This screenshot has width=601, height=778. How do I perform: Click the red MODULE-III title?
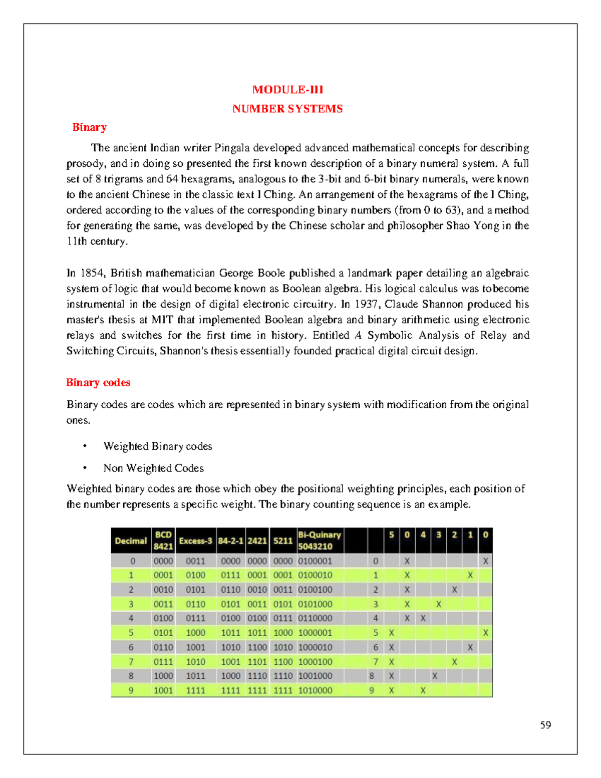coord(287,90)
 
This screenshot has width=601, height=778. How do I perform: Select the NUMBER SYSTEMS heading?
coord(287,109)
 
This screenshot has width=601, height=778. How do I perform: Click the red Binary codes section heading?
coord(98,383)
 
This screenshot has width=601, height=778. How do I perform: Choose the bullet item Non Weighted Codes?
coord(153,468)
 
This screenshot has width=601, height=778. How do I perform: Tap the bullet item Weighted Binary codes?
coord(157,446)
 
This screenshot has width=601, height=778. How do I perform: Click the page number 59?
coord(545,725)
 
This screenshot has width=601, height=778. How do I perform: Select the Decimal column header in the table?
coord(131,541)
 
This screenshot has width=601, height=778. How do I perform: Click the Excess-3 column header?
coord(195,541)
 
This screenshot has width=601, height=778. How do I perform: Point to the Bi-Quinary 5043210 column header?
coord(319,541)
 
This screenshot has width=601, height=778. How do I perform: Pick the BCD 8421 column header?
coord(163,541)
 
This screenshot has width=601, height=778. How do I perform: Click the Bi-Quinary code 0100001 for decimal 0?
coord(315,561)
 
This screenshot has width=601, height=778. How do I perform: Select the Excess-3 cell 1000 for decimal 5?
coord(195,633)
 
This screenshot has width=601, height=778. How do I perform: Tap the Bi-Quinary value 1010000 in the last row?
coord(315,690)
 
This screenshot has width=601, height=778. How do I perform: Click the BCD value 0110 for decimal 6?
coord(163,647)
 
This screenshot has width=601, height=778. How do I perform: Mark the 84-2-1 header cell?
coord(230,541)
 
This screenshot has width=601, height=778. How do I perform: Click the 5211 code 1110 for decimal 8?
coord(283,676)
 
